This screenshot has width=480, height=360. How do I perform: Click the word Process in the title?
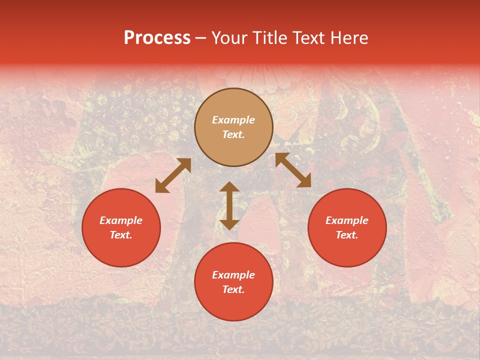[157, 38]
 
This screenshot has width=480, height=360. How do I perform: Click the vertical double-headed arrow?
[229, 205]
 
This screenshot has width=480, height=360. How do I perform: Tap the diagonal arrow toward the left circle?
[173, 175]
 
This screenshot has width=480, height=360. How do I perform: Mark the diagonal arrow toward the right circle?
[293, 170]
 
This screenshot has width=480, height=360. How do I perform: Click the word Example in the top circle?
[233, 120]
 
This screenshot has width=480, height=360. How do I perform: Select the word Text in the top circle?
[233, 134]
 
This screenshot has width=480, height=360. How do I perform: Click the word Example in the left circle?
[121, 220]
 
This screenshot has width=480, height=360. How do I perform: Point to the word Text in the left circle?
[121, 235]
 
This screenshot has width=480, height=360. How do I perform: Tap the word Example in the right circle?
[347, 220]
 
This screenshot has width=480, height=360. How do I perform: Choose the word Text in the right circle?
[347, 235]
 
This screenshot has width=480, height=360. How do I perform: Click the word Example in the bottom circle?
[233, 275]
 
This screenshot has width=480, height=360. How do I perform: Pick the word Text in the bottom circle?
[233, 289]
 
